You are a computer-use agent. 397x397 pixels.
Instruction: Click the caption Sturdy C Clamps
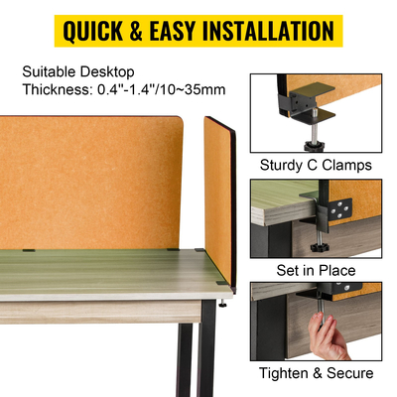click(315, 165)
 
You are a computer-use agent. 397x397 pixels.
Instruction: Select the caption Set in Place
click(315, 269)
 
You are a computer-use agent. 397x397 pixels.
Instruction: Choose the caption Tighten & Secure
click(315, 373)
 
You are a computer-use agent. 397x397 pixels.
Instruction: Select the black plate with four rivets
click(339, 209)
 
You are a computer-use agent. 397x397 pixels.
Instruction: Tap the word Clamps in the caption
click(348, 165)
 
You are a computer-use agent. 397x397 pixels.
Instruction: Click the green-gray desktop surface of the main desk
click(99, 273)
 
